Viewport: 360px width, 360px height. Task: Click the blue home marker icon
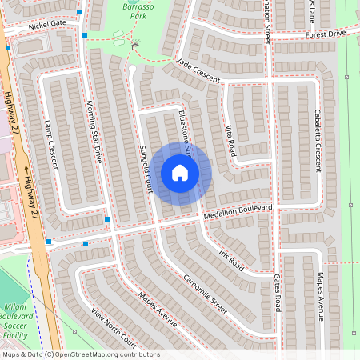coord(180,172)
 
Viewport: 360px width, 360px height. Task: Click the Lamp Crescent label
coord(51,144)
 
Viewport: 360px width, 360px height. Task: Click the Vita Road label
coord(230,140)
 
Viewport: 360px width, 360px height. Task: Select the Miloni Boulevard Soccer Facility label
coord(17,312)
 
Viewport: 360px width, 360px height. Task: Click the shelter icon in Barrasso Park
coord(134,46)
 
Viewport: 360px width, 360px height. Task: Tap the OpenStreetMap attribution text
coord(80,354)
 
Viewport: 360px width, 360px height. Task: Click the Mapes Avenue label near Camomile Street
coord(157,308)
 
